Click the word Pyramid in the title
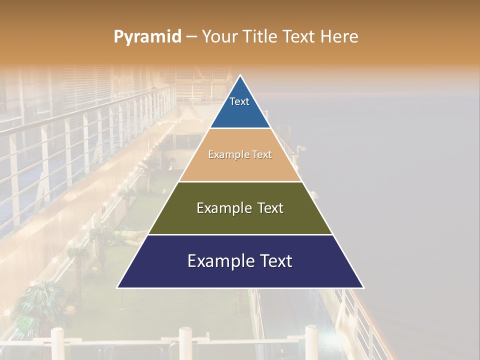click(x=147, y=36)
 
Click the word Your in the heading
click(x=219, y=36)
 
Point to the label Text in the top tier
click(x=239, y=101)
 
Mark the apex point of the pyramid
click(x=240, y=75)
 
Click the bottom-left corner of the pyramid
click(x=117, y=287)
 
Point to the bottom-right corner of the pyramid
click(x=363, y=287)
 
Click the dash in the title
click(x=191, y=36)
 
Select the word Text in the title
click(x=298, y=36)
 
